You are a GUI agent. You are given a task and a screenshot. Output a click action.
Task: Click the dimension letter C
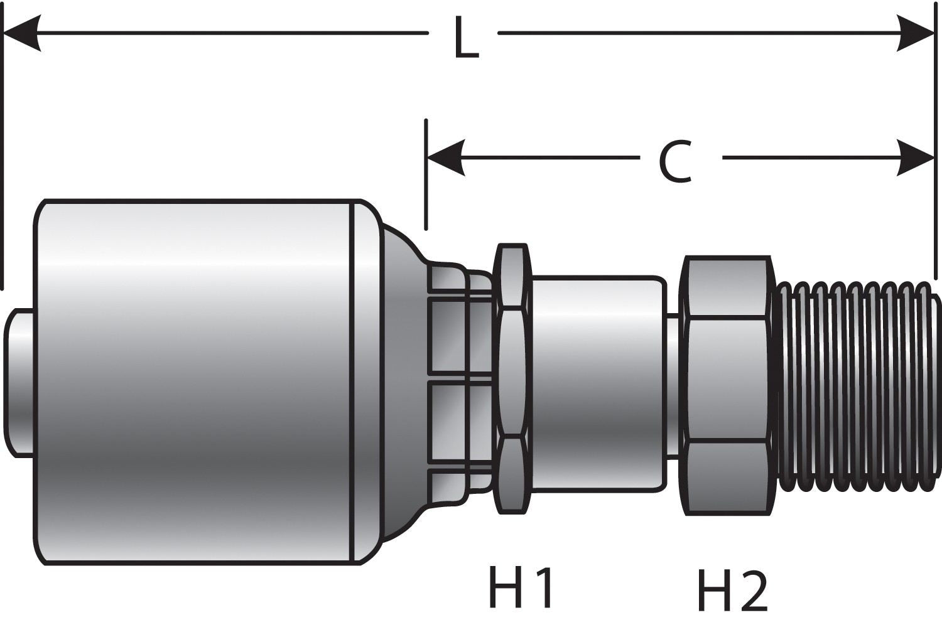pos(675,162)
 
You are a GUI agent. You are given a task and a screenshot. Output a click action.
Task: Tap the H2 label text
pos(732,591)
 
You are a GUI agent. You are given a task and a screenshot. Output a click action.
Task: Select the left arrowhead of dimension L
pos(23,33)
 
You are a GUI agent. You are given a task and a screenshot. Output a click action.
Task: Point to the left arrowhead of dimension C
pos(445,158)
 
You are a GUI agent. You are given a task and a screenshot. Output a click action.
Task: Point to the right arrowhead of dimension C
pos(916,158)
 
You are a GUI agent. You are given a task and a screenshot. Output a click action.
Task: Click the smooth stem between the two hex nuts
pos(597,383)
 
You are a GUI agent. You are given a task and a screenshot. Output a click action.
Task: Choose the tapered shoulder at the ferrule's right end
pos(402,383)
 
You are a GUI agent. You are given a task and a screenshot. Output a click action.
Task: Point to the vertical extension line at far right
pos(936,188)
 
